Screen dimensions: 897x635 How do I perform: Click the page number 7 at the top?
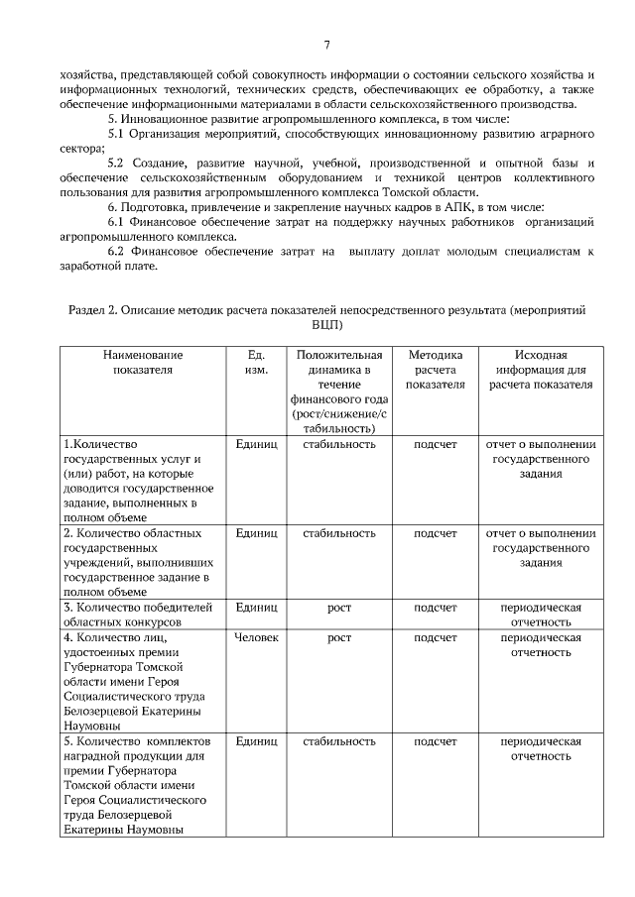(x=326, y=44)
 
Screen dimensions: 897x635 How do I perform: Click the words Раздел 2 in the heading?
(x=90, y=310)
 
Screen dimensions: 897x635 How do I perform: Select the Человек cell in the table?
(x=255, y=637)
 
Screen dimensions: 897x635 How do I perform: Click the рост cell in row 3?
(x=339, y=608)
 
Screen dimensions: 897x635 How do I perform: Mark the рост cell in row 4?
(x=339, y=637)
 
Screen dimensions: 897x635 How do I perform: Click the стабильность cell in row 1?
(x=339, y=444)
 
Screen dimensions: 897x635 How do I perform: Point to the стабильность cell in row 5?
(x=339, y=741)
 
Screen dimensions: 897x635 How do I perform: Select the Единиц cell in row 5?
(x=255, y=741)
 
